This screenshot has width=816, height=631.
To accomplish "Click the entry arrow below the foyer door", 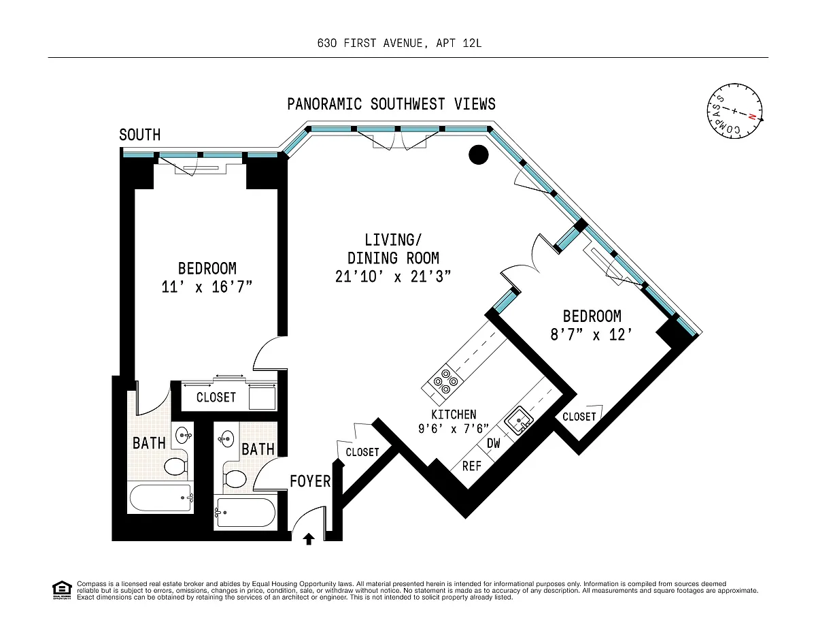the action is tap(309, 539).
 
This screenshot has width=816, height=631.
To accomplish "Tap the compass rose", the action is tap(734, 111).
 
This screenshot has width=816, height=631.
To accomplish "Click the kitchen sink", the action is tap(519, 420).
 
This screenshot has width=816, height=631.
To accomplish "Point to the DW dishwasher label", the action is tap(494, 443).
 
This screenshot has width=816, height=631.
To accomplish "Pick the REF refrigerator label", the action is tap(472, 466).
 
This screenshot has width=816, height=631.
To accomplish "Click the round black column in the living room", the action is tap(479, 155).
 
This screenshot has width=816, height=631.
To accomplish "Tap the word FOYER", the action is tap(310, 481).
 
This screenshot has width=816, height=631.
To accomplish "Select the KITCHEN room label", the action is tap(454, 415).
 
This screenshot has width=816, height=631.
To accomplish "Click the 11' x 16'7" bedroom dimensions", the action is tap(207, 287).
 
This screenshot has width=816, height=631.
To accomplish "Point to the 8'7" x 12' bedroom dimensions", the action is tap(592, 334).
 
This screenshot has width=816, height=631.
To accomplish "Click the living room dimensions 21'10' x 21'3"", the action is tap(393, 276).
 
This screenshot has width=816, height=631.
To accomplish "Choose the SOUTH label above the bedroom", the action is tap(139, 135).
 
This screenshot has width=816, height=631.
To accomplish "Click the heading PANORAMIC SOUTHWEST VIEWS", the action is tap(391, 104).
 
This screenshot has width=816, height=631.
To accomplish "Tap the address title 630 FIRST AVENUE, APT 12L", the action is tap(400, 44).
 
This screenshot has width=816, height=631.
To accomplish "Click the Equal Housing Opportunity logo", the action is tap(62, 590).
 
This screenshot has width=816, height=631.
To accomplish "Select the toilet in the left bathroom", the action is tap(175, 466).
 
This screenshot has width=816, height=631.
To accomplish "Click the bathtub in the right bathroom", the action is tap(245, 513).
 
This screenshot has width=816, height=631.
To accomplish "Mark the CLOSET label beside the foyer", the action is tap(362, 452).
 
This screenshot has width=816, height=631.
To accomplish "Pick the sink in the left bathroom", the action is tap(184, 436).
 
